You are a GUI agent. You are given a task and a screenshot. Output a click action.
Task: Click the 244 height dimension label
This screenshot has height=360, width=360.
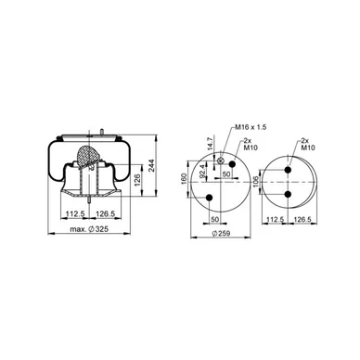151,166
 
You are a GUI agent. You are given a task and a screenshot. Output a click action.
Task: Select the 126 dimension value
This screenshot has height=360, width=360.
137,180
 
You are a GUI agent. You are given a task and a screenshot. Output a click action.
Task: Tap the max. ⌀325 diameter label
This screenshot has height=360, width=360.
89,229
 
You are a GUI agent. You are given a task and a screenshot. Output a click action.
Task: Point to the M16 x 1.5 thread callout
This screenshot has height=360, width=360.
251,127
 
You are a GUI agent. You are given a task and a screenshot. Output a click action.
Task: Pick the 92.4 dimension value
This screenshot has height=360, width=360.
202,172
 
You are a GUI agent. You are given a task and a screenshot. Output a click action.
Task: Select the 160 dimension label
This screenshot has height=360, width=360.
184,180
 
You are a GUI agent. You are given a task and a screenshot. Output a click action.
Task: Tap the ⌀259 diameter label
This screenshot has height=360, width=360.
221,233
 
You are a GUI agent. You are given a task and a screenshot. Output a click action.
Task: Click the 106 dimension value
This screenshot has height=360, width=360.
255,182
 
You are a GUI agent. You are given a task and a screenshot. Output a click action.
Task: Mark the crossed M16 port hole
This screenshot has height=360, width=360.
220,161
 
